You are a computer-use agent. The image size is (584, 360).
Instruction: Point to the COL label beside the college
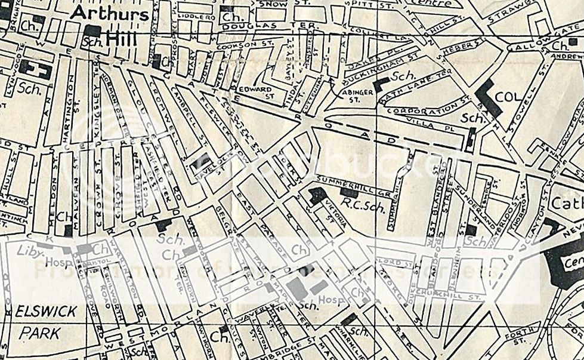coord(512,97)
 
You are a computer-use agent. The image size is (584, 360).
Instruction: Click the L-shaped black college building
coord(489,98)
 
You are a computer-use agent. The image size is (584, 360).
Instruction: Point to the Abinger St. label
coord(357,96)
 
